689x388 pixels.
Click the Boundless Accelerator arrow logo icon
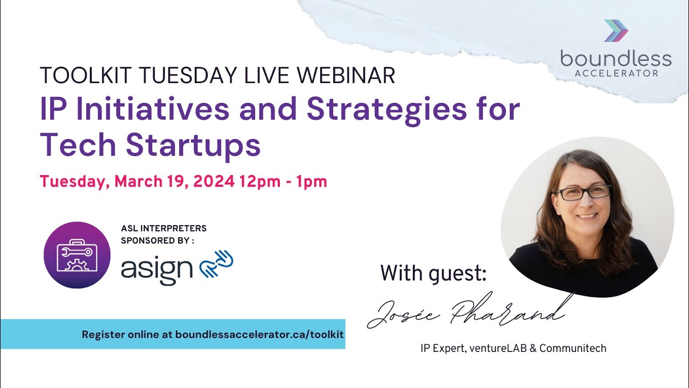(x=616, y=31)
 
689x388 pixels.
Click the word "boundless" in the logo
(x=616, y=58)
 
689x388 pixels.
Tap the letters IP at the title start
(x=53, y=109)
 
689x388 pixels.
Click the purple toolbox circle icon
(x=77, y=255)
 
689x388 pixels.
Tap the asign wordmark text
(x=157, y=268)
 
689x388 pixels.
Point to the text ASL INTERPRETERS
(x=164, y=228)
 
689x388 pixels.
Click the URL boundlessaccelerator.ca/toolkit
(x=260, y=334)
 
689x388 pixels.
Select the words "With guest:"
(x=433, y=273)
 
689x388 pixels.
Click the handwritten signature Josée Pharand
(x=466, y=312)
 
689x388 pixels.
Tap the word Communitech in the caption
(x=573, y=349)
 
